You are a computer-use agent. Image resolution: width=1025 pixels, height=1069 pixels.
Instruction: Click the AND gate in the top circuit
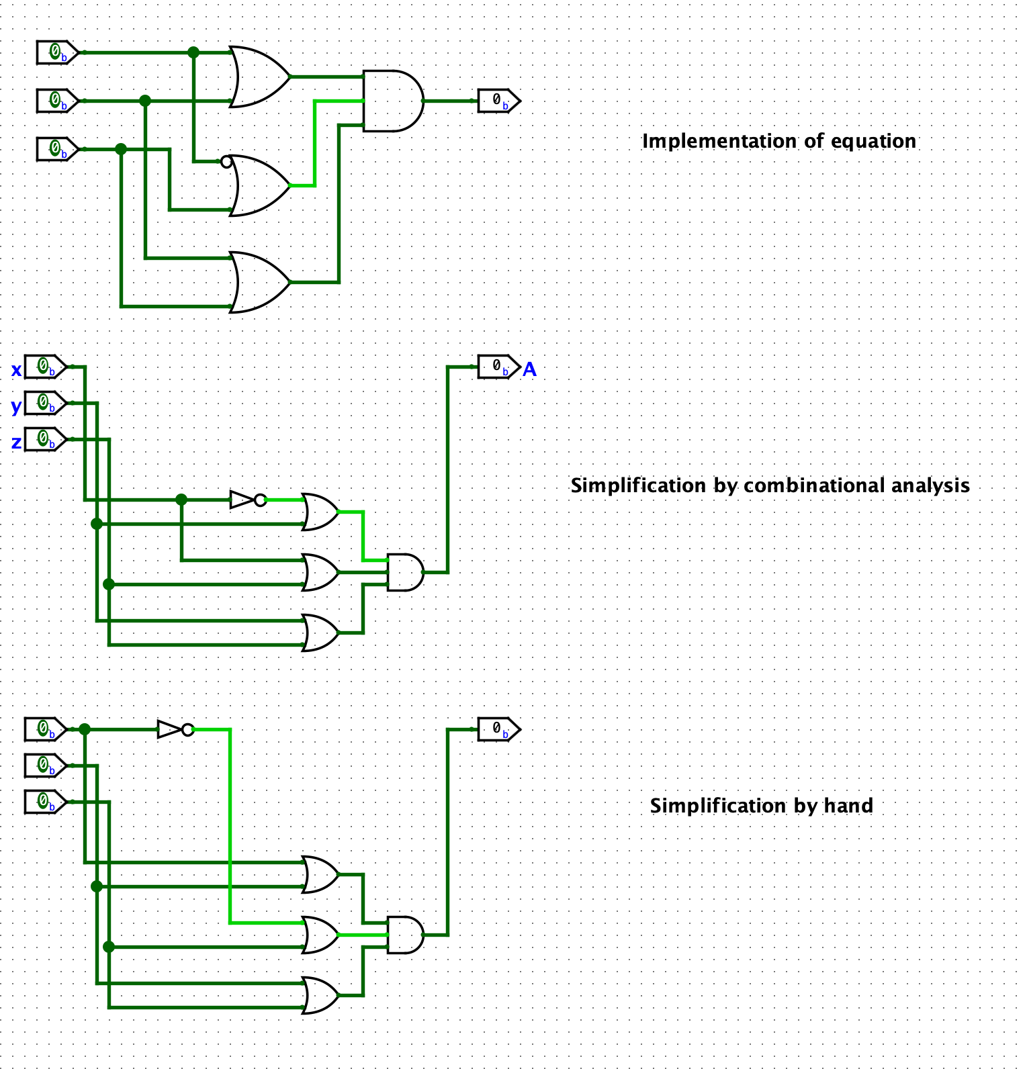pyautogui.click(x=392, y=101)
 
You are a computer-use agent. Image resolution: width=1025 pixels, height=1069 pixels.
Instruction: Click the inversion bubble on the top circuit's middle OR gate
pyautogui.click(x=226, y=162)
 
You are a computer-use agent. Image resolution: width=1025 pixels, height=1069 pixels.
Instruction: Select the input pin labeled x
pyautogui.click(x=44, y=367)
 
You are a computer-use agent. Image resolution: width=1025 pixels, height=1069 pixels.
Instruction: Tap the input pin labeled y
pyautogui.click(x=44, y=403)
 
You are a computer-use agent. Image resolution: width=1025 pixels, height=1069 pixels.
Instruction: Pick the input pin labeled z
pyautogui.click(x=44, y=439)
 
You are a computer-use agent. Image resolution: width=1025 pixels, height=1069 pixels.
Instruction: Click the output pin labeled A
pyautogui.click(x=498, y=367)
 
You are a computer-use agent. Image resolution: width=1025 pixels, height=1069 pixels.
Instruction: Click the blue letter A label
pyautogui.click(x=529, y=369)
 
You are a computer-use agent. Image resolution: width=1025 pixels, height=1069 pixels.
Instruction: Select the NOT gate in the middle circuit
pyautogui.click(x=246, y=500)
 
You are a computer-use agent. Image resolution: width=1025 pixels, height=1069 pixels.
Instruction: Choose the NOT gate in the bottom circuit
pyautogui.click(x=173, y=729)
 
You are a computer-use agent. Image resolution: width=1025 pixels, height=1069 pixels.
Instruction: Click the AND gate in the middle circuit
pyautogui.click(x=404, y=572)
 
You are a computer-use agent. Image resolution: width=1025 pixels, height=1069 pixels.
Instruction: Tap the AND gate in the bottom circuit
pyautogui.click(x=404, y=935)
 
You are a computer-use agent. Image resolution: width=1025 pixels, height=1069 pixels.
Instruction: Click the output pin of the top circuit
pyautogui.click(x=498, y=101)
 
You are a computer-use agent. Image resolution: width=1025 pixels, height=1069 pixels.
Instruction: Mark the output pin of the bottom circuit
pyautogui.click(x=498, y=729)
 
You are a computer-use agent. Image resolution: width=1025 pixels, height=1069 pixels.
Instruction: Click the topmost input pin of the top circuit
pyautogui.click(x=56, y=52)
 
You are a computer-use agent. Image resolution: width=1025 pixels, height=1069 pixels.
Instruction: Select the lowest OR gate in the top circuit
pyautogui.click(x=259, y=282)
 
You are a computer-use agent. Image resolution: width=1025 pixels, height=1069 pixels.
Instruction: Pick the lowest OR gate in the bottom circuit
pyautogui.click(x=321, y=995)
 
